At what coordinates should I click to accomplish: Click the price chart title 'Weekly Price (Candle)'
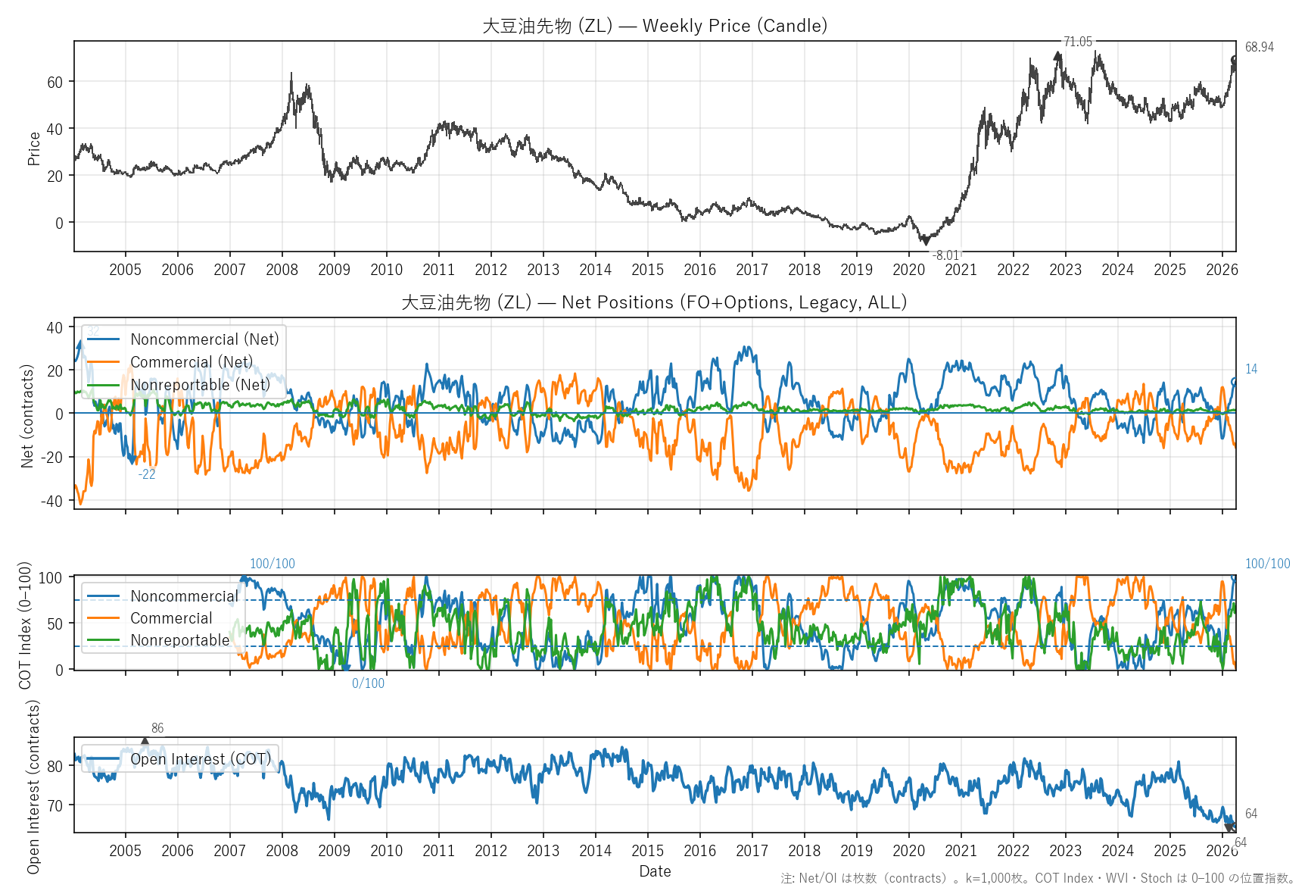click(x=734, y=26)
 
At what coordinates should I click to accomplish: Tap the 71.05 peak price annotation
click(x=1077, y=42)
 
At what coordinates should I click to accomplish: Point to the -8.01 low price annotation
click(x=945, y=255)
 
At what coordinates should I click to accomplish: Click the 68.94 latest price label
click(x=1259, y=47)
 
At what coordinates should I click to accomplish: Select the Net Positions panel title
click(x=654, y=302)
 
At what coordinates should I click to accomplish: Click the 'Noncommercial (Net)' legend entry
click(x=204, y=339)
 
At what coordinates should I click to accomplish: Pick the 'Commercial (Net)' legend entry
click(x=192, y=362)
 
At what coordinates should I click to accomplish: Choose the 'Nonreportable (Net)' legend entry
click(x=200, y=385)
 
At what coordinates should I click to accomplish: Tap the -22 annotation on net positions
click(x=147, y=474)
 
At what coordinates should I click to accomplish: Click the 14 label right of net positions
click(x=1251, y=369)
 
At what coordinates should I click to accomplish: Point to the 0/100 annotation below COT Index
click(x=368, y=683)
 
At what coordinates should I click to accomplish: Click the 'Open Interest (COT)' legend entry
click(x=201, y=759)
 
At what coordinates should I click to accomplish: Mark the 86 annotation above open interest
click(x=157, y=728)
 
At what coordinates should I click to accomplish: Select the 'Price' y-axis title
click(x=33, y=148)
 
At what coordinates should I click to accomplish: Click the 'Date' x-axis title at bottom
click(x=655, y=871)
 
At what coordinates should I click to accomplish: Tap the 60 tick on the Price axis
click(x=54, y=82)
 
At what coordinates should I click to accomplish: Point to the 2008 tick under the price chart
click(x=282, y=270)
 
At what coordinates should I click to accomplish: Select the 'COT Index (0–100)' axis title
click(x=26, y=625)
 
